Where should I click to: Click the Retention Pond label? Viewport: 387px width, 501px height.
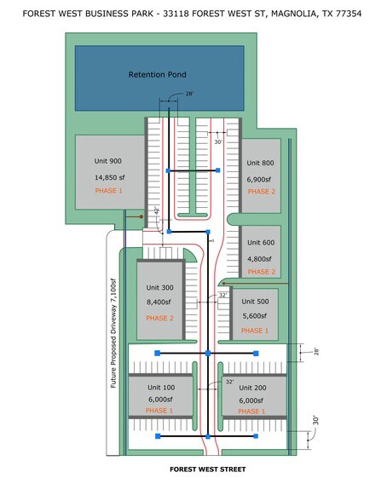coord(157,74)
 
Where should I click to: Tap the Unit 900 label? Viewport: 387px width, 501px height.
coord(108,161)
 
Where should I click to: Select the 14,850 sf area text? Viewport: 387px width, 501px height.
coord(110,177)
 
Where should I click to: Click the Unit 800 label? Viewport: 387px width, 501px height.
coord(260,163)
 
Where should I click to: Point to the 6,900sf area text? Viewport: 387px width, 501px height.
coord(259,180)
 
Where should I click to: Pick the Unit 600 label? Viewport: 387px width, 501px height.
coord(261,243)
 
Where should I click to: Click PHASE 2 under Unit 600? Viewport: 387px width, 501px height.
coord(262,272)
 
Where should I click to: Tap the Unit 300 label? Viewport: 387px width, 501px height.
coord(159,288)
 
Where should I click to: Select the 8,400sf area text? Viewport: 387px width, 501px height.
coord(159,302)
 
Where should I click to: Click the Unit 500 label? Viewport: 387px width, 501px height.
coord(255,302)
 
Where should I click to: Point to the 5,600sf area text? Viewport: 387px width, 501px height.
coord(254,316)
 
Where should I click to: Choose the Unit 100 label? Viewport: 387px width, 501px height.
coord(161,388)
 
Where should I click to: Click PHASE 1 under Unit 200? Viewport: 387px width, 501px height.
coord(251,412)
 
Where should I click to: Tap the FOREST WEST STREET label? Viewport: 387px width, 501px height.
coord(208,469)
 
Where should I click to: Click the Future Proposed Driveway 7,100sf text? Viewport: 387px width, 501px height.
coord(113,333)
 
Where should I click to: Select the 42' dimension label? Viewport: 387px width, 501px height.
coord(157,210)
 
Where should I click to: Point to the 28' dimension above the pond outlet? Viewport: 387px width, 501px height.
coord(189,94)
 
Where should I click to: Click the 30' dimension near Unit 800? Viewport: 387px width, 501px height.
coord(218,141)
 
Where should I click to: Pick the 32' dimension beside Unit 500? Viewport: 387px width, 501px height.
coord(223,295)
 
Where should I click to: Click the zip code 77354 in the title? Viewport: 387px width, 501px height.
coord(349,14)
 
